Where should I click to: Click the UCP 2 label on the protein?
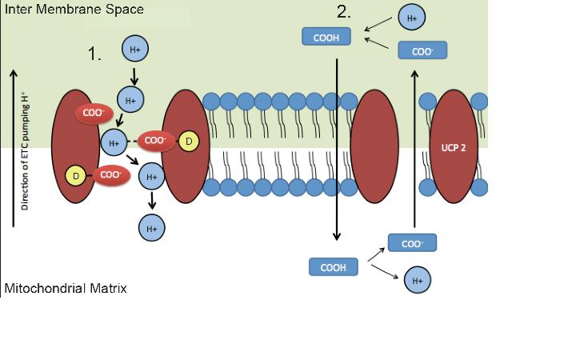coord(453,149)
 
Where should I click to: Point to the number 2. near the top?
coord(344,12)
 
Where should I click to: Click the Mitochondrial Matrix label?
coord(66,287)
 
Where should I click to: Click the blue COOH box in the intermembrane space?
coord(328,37)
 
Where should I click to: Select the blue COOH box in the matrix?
coord(333,267)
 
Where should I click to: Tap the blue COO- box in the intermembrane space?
coord(422,50)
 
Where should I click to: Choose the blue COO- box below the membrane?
coord(412,242)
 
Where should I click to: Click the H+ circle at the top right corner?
coord(411,17)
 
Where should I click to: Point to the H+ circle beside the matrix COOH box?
coord(417,282)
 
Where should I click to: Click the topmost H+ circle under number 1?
coord(134,49)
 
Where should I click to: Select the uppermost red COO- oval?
coord(94,114)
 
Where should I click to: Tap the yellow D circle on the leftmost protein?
coord(75,174)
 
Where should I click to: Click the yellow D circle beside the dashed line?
coord(188,142)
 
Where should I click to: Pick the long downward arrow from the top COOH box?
coord(338,144)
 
